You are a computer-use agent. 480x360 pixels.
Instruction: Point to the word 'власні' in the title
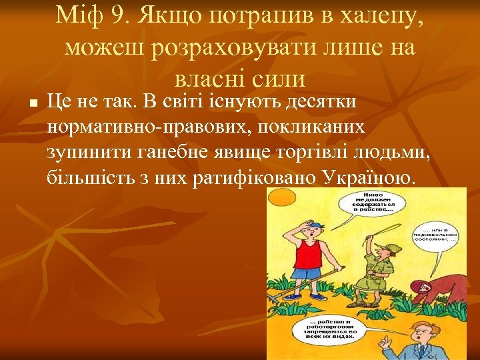point(207,79)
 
